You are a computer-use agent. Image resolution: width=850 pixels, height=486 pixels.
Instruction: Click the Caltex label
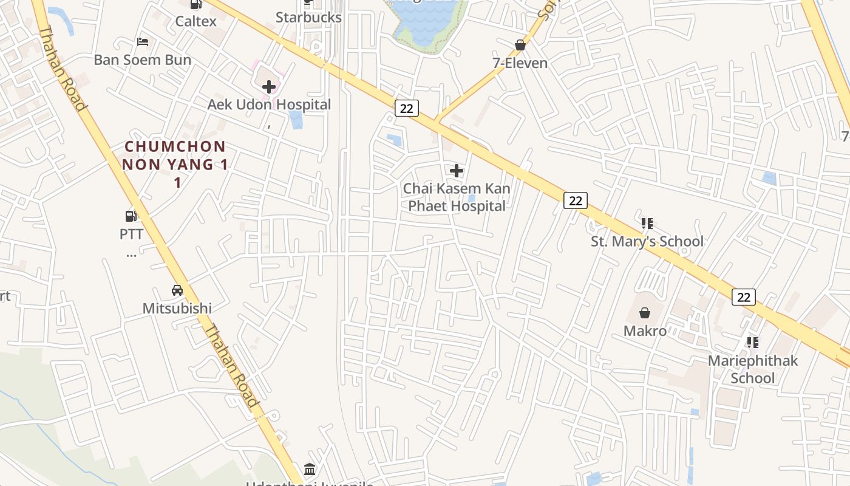click(195, 21)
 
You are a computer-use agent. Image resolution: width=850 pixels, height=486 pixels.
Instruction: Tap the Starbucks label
click(308, 17)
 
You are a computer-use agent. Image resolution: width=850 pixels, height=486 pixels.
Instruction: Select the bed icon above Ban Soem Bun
click(143, 42)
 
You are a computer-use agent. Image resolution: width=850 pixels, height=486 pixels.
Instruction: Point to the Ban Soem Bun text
click(143, 60)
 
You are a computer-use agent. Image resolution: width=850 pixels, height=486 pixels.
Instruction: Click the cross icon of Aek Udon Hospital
click(269, 87)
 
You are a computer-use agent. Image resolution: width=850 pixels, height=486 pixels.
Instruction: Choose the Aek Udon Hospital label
click(269, 104)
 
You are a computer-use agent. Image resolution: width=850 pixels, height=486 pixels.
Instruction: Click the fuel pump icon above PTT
click(131, 216)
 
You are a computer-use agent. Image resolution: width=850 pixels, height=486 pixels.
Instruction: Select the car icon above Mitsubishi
click(177, 290)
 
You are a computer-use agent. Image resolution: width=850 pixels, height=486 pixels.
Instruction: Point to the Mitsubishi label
click(177, 308)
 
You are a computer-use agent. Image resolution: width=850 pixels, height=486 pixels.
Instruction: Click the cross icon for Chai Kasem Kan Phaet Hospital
click(457, 171)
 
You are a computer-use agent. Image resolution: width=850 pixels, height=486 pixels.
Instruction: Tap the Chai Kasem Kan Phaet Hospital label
click(457, 197)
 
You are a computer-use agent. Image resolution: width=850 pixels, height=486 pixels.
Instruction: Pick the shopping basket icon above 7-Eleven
click(520, 45)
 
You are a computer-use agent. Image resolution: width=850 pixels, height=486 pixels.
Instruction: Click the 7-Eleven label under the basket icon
click(520, 63)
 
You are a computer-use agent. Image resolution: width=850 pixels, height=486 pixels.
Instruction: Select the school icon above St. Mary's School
click(647, 224)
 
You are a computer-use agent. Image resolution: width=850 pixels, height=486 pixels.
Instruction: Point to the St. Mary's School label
click(647, 241)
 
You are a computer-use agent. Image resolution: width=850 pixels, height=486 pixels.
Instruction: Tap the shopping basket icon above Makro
click(645, 313)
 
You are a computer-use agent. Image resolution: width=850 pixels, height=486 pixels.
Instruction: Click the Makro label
click(645, 331)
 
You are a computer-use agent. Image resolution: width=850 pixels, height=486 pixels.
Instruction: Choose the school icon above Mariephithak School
click(753, 343)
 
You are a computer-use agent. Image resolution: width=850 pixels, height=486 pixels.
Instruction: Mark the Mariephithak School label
click(753, 369)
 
